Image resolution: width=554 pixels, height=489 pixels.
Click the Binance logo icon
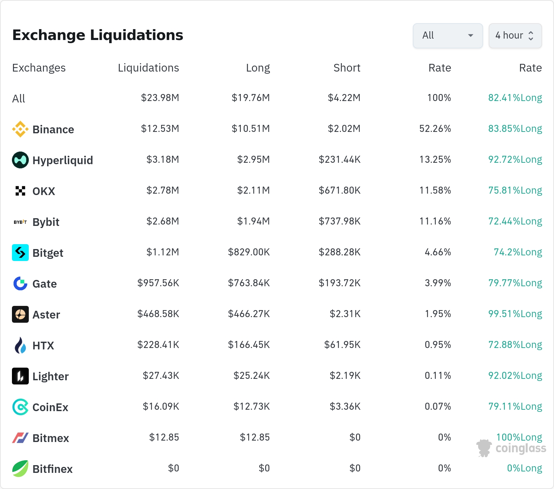click(20, 129)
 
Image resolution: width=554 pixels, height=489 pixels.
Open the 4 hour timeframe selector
click(515, 35)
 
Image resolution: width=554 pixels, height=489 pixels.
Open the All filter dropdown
click(448, 35)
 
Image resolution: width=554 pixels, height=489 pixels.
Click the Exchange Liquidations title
click(98, 35)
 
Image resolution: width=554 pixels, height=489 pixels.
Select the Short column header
click(347, 68)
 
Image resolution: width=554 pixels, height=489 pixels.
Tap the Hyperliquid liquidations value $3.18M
click(163, 160)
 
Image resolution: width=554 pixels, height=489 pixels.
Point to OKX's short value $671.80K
click(339, 190)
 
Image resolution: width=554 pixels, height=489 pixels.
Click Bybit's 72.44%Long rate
click(515, 221)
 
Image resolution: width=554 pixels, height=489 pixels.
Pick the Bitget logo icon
click(20, 253)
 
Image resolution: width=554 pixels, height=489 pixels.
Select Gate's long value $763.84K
click(249, 283)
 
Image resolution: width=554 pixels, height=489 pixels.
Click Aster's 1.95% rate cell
click(438, 314)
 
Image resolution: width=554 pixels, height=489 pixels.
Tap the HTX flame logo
click(20, 345)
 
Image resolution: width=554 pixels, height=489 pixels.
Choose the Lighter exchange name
click(51, 376)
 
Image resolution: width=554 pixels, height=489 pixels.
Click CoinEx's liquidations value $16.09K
click(161, 407)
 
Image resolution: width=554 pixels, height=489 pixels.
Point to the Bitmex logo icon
click(20, 438)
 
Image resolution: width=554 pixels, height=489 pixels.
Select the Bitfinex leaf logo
click(20, 469)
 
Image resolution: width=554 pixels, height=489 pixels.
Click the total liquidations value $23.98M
click(160, 98)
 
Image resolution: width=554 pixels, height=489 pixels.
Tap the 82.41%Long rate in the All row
click(515, 98)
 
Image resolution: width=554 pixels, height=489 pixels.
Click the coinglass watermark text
click(521, 448)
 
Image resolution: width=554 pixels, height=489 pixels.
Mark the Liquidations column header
click(149, 68)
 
